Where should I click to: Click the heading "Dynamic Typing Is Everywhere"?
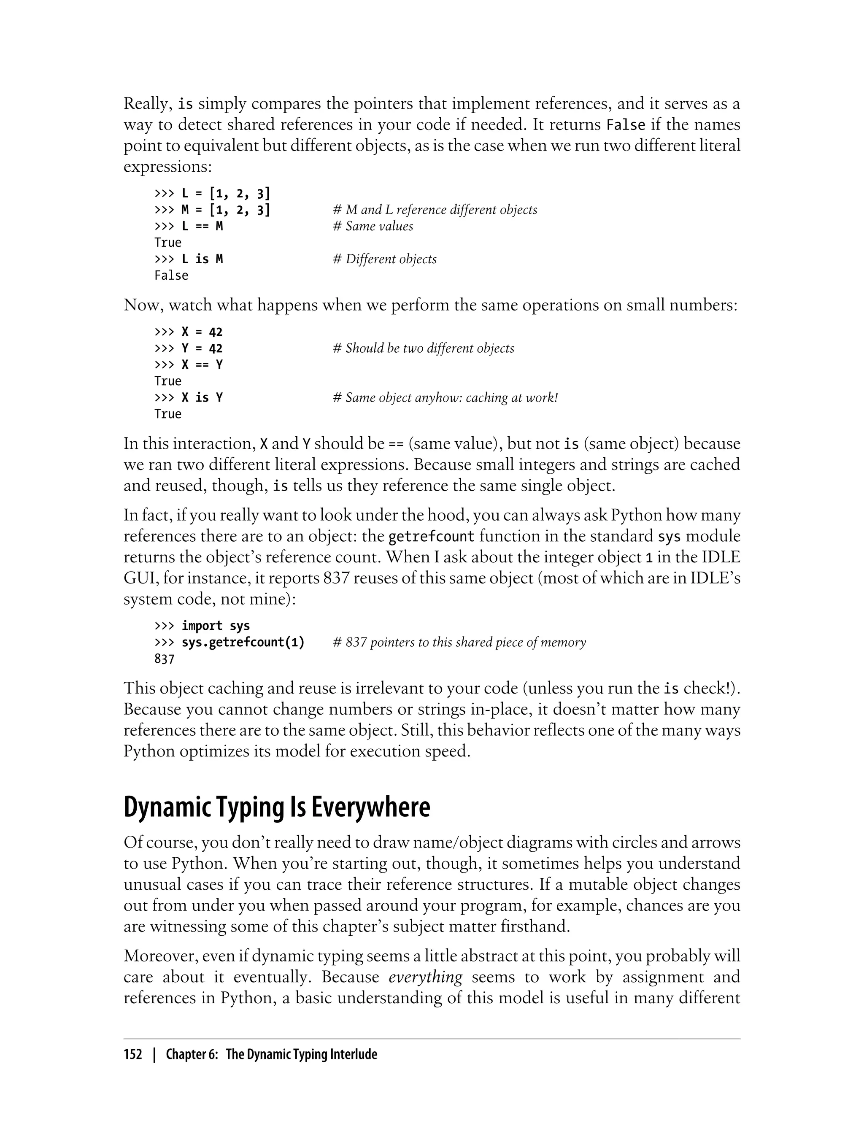click(x=277, y=808)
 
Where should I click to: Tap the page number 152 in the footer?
click(x=133, y=1055)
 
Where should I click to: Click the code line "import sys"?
click(x=216, y=626)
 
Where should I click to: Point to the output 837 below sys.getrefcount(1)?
click(x=165, y=659)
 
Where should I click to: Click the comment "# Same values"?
click(x=373, y=226)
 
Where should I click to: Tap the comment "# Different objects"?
click(x=385, y=259)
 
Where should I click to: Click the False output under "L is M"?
click(x=171, y=275)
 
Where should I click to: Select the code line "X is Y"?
click(x=202, y=397)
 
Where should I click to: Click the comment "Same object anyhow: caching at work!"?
click(x=445, y=397)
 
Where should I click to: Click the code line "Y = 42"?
click(x=202, y=348)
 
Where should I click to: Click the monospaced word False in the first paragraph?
click(x=626, y=125)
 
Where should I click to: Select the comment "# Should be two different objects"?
click(x=423, y=348)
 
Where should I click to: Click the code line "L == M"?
click(x=202, y=226)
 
